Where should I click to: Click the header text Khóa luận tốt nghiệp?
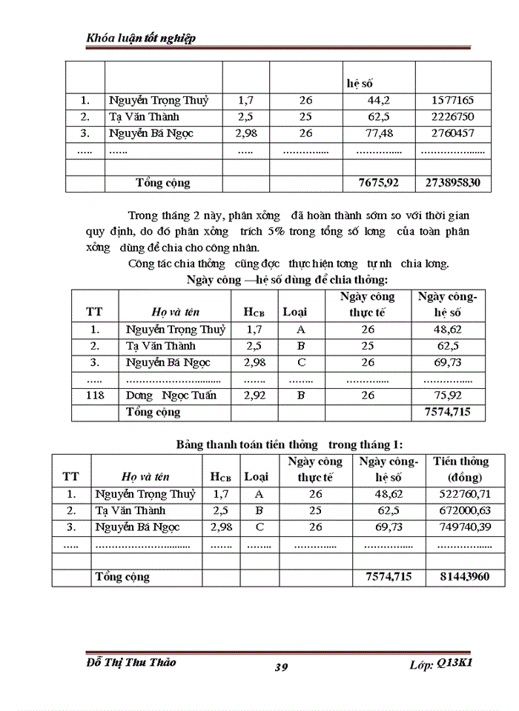[141, 38]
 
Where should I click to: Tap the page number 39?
[281, 667]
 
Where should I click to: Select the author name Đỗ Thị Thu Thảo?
[131, 662]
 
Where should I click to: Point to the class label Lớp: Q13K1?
[440, 664]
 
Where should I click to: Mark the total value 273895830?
[453, 183]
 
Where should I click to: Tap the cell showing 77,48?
[378, 134]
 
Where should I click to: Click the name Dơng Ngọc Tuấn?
[171, 395]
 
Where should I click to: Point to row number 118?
[95, 395]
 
